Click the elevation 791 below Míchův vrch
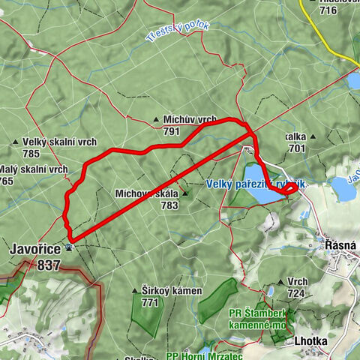[172, 131]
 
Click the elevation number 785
[31, 154]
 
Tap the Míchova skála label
[147, 193]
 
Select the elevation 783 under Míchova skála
[169, 205]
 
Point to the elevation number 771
[151, 302]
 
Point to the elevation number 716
[328, 10]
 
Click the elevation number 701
[296, 149]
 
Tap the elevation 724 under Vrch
[296, 294]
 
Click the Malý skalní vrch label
[34, 169]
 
